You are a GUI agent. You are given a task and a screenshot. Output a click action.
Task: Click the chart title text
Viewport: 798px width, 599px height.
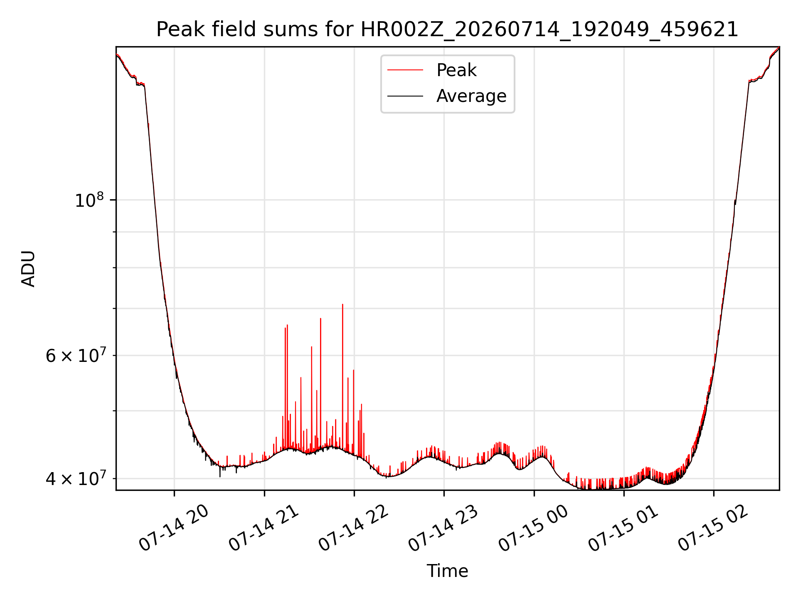click(x=447, y=30)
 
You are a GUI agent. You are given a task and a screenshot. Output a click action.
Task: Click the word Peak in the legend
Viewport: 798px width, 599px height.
click(x=456, y=70)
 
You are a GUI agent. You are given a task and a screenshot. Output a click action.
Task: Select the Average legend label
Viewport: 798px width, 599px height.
click(x=471, y=96)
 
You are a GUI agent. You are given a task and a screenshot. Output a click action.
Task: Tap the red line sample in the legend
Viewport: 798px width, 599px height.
click(x=405, y=70)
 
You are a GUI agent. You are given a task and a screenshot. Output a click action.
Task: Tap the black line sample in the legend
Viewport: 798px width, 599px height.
click(x=405, y=96)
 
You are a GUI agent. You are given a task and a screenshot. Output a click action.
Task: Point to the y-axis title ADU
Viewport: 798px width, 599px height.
click(x=28, y=269)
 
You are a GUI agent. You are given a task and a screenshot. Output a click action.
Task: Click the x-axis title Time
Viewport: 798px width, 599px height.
click(x=447, y=571)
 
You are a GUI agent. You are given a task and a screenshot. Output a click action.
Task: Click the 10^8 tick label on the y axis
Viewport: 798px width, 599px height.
click(x=89, y=200)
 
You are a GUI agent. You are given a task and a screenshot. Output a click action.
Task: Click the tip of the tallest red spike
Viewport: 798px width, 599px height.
click(x=342, y=304)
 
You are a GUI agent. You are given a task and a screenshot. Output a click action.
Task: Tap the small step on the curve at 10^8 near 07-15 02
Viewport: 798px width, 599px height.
click(x=735, y=202)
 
